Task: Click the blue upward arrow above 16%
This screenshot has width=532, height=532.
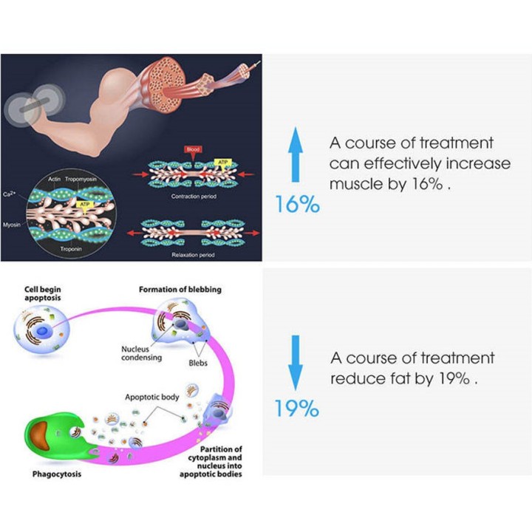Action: point(296,154)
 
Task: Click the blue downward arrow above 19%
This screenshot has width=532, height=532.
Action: point(296,363)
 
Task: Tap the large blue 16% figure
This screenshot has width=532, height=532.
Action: point(297,204)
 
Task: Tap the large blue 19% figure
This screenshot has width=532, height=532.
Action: point(297,408)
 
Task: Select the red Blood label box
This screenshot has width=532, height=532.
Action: point(193,149)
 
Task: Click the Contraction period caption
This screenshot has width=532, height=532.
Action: point(194,197)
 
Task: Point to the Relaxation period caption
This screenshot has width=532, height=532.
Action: point(193,255)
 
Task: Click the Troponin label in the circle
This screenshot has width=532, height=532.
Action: point(71,249)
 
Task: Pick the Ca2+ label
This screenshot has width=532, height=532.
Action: point(9,194)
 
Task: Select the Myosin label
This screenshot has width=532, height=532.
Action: point(12,225)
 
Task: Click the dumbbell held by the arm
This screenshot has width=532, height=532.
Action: point(34,105)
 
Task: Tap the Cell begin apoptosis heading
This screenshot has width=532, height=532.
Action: point(43,294)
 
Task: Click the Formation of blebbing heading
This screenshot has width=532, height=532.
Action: point(180,290)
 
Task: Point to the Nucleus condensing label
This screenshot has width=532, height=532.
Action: point(141,353)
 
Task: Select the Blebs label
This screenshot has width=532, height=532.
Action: point(198,363)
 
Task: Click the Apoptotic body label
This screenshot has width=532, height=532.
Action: point(152,398)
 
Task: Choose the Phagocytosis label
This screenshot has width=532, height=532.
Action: point(57,474)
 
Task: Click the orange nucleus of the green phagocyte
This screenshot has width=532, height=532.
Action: point(40,436)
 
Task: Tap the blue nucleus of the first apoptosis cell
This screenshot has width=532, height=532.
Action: point(42,331)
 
